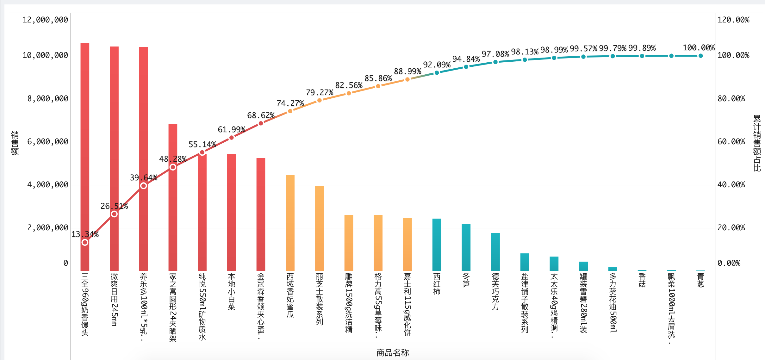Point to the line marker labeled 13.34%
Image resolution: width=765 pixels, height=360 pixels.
pyautogui.click(x=85, y=242)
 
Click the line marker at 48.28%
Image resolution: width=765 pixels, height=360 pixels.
pyautogui.click(x=173, y=167)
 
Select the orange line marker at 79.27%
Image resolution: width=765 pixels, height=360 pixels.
pyautogui.click(x=320, y=100)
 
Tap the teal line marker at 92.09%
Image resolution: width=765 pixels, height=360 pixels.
pyautogui.click(x=437, y=73)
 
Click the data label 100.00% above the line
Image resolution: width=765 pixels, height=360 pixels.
pyautogui.click(x=699, y=48)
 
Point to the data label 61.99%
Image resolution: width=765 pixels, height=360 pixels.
pyautogui.click(x=231, y=130)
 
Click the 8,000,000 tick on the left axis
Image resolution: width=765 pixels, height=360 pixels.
pyautogui.click(x=48, y=99)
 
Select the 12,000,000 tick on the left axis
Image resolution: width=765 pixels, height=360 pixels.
pyautogui.click(x=45, y=20)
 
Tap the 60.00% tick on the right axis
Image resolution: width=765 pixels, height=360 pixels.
pyautogui.click(x=731, y=142)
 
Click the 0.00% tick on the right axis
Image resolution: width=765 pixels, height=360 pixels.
pyautogui.click(x=729, y=263)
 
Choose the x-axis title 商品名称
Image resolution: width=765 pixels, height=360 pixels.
pyautogui.click(x=393, y=353)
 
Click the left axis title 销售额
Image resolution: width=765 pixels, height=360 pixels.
pyautogui.click(x=15, y=143)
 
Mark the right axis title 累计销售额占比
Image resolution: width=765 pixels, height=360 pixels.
pyautogui.click(x=757, y=143)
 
